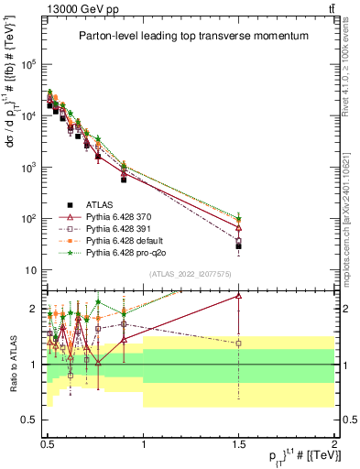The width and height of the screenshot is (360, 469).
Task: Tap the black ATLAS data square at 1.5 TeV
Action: coord(238,246)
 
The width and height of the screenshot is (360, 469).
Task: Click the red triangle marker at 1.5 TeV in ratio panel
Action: coord(238,296)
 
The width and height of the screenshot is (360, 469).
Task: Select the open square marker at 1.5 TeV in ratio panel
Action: coord(238,344)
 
